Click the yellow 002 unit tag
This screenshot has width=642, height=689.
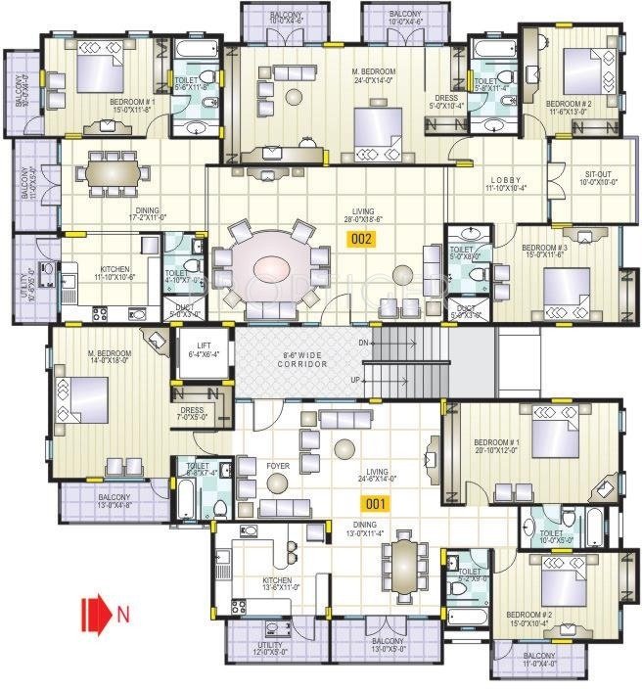[362, 239]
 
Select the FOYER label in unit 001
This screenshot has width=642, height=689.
[277, 466]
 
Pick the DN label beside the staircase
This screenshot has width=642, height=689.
[363, 343]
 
